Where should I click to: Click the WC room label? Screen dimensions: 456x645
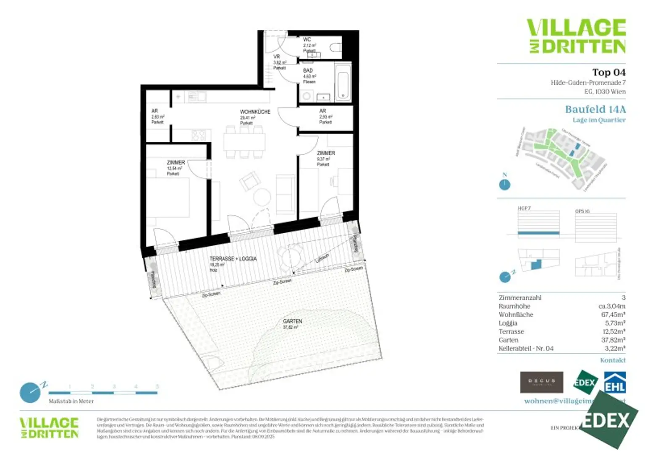click(x=307, y=40)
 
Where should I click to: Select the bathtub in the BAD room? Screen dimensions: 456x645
click(x=343, y=83)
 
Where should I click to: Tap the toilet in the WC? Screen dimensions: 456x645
click(x=336, y=47)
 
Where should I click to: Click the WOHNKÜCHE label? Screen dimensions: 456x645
click(x=255, y=112)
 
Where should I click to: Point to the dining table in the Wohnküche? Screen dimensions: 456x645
click(x=244, y=142)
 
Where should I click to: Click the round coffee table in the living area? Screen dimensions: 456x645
click(x=262, y=197)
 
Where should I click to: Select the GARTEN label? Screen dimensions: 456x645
click(x=292, y=321)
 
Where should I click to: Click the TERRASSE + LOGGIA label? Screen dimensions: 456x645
click(x=233, y=259)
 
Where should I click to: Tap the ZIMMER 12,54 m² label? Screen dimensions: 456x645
click(x=176, y=163)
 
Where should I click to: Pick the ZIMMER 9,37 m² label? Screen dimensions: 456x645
click(x=326, y=154)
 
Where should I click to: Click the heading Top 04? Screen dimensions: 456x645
click(x=608, y=73)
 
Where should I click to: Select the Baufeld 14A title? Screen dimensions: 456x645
click(x=595, y=109)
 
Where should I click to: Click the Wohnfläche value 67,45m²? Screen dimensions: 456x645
click(x=613, y=315)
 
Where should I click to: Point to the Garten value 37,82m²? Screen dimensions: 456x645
click(x=613, y=340)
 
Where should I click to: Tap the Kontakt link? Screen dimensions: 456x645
click(x=613, y=360)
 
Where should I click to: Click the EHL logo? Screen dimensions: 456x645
click(x=615, y=383)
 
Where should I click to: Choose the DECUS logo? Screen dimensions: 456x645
click(x=541, y=382)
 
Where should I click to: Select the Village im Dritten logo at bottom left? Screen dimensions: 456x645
click(x=49, y=428)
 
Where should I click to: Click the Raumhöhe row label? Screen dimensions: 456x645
click(x=514, y=306)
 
